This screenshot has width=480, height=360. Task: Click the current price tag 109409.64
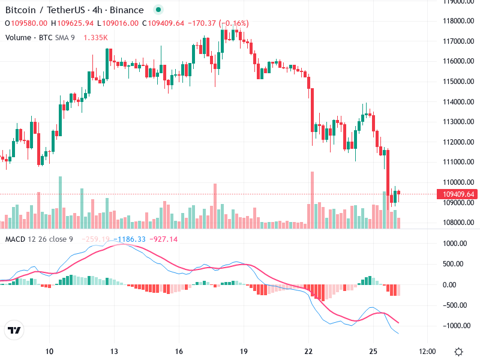point(458,194)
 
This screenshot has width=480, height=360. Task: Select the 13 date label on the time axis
point(114,350)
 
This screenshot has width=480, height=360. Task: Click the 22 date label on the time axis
point(309,350)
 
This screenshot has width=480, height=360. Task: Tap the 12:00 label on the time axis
point(427,350)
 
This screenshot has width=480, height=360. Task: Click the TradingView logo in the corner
point(14,331)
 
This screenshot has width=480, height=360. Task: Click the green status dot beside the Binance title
point(158,10)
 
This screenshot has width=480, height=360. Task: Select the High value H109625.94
point(73,23)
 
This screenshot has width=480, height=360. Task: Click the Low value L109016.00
point(119,23)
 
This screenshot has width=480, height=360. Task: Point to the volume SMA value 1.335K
point(95,37)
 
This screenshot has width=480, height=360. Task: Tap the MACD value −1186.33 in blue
point(130,239)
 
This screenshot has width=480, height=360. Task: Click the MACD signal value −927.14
point(163,239)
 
